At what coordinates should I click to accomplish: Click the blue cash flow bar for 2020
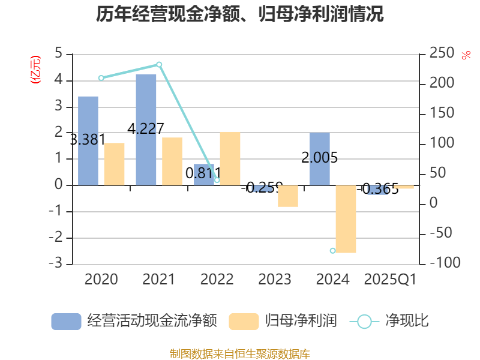tap(88, 140)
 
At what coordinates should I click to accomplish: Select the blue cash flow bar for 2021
tap(146, 129)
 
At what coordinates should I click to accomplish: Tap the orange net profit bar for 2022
tap(230, 158)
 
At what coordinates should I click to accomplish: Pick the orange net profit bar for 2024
tap(346, 219)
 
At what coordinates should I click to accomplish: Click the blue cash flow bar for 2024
tap(320, 158)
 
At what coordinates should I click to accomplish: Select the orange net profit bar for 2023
tap(288, 196)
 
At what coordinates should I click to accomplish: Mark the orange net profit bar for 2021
tap(172, 161)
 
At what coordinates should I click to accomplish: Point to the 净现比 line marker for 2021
tap(159, 64)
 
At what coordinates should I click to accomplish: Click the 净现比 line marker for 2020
tap(101, 78)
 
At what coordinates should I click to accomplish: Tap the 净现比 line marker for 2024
tap(332, 250)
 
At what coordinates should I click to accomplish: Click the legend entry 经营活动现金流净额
tap(134, 321)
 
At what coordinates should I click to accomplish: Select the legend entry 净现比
tap(390, 321)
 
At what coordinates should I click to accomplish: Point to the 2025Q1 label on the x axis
tap(390, 279)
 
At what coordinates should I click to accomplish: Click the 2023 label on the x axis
tap(274, 279)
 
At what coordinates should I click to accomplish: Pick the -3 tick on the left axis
tap(58, 264)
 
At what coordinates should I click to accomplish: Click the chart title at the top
tap(240, 14)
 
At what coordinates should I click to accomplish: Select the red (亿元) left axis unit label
tap(35, 70)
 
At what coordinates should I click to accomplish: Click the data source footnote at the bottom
tap(240, 353)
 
